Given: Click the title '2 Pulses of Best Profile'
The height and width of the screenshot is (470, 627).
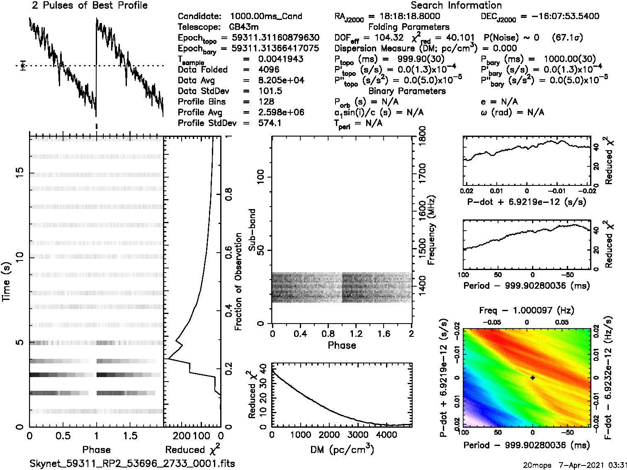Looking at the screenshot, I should pos(90,5).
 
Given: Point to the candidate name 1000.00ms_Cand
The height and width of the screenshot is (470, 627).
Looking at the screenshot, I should pos(266,16).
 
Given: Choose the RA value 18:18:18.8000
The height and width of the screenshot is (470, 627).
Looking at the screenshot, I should pos(410,16).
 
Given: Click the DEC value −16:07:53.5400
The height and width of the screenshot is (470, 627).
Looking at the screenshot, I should pos(560,16).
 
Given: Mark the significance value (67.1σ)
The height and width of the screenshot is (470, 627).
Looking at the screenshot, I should pos(567,38).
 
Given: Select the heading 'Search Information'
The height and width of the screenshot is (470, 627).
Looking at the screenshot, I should pos(456,5).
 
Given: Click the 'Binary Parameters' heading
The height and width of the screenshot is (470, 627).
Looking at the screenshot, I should pos(407,91).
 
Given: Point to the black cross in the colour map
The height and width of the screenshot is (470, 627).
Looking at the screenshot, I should pos(532,377).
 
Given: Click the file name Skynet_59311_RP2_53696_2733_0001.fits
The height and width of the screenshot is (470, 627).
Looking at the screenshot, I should pos(132,463).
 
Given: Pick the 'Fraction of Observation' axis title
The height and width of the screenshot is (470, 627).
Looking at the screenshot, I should pos(238,282).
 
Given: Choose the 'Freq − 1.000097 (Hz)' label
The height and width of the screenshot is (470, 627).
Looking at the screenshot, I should pos(527,310).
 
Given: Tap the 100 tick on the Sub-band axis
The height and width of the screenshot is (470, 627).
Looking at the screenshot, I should pos(261,177).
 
